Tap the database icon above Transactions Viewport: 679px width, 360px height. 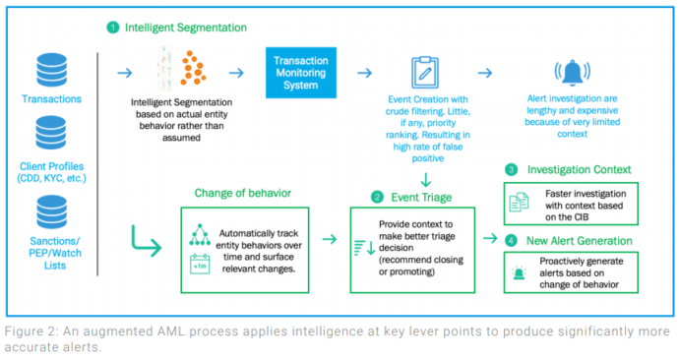pyautogui.click(x=49, y=70)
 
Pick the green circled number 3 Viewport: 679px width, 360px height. pyautogui.click(x=510, y=169)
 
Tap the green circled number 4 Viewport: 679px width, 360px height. pyautogui.click(x=510, y=241)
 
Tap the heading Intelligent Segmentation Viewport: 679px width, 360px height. pyautogui.click(x=187, y=29)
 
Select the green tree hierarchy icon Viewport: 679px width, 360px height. pyautogui.click(x=197, y=234)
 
